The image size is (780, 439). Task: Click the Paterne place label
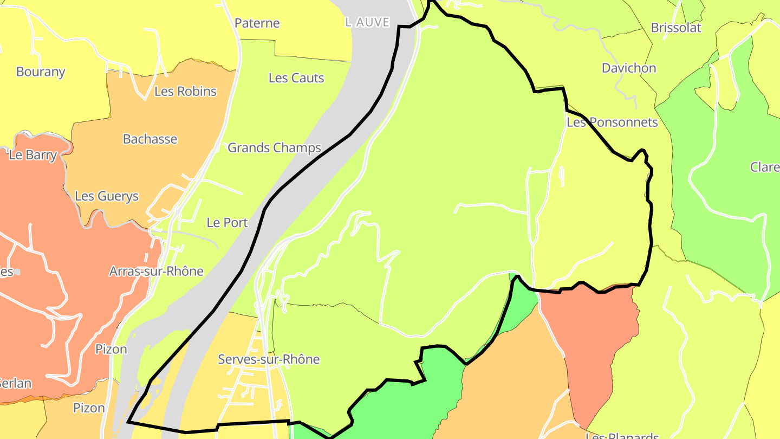click(257, 23)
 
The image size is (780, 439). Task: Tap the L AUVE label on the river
click(367, 22)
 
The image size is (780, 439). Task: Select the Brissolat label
click(676, 28)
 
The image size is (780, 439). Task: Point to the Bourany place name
click(41, 72)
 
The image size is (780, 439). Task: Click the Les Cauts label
click(296, 78)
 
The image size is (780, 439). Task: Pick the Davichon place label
click(629, 68)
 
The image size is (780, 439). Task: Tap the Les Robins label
click(185, 92)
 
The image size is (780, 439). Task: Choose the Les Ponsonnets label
click(612, 122)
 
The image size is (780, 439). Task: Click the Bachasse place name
click(150, 139)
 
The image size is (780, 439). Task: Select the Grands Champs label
click(274, 147)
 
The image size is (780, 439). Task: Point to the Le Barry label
click(33, 155)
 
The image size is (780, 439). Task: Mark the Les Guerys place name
click(107, 196)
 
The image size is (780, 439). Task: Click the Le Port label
click(227, 223)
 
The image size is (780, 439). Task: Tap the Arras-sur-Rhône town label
click(156, 271)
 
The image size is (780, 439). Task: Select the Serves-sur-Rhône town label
click(269, 359)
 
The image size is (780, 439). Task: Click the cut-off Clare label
click(765, 167)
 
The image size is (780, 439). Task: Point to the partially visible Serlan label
click(15, 383)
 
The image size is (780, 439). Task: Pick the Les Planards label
click(622, 435)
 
